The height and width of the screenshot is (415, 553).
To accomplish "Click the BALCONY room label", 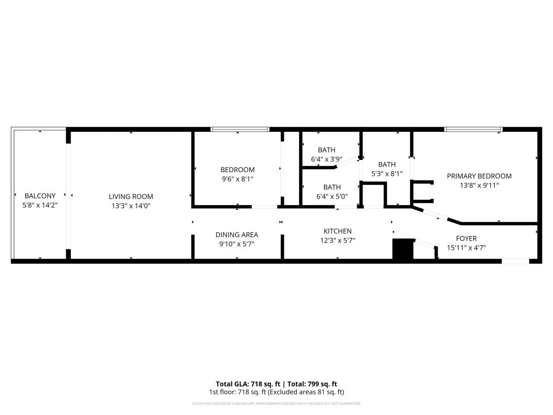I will pyautogui.click(x=40, y=196).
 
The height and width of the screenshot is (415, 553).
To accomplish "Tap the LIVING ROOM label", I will pyautogui.click(x=131, y=197).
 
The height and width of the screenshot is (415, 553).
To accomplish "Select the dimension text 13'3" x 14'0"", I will pyautogui.click(x=131, y=206).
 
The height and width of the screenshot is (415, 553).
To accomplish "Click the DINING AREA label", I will pyautogui.click(x=237, y=235).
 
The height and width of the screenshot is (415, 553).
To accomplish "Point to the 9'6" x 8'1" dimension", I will pyautogui.click(x=237, y=179).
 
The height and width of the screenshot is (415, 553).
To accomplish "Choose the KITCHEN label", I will pyautogui.click(x=337, y=231).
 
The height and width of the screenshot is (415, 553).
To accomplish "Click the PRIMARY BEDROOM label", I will pyautogui.click(x=479, y=176).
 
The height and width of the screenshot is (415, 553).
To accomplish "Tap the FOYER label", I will pyautogui.click(x=466, y=239).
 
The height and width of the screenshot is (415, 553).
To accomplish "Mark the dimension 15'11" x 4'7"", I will pyautogui.click(x=466, y=248).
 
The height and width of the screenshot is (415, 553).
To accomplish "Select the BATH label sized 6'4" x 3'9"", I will pyautogui.click(x=327, y=150).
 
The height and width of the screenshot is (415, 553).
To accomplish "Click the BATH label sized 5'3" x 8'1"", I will pyautogui.click(x=387, y=164).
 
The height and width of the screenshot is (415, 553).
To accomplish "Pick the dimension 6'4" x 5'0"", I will pyautogui.click(x=332, y=196).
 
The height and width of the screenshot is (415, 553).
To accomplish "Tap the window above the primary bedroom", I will pyautogui.click(x=474, y=129).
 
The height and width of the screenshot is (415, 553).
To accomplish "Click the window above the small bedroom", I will pyautogui.click(x=240, y=129).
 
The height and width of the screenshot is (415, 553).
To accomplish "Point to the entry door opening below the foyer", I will pyautogui.click(x=515, y=261).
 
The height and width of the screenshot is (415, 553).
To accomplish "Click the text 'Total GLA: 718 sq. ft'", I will pyautogui.click(x=248, y=384).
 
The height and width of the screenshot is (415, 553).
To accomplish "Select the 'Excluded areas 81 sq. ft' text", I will pyautogui.click(x=306, y=393).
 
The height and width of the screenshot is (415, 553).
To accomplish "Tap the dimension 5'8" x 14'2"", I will pyautogui.click(x=40, y=205).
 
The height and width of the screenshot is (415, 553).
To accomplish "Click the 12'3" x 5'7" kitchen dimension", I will pyautogui.click(x=337, y=241).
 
